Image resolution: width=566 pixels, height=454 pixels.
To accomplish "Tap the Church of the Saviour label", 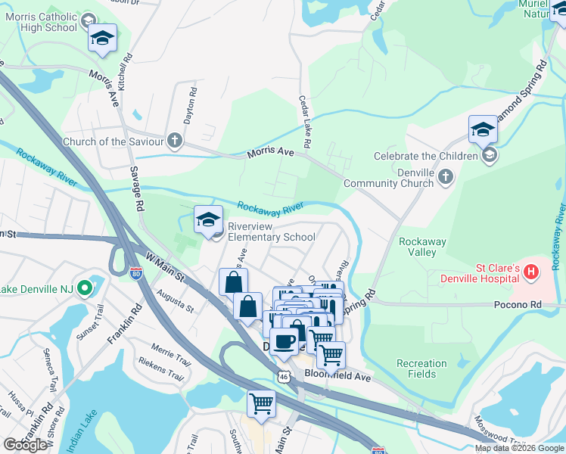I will point(113,141).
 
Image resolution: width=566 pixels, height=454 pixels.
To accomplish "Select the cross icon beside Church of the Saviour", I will point(175,141).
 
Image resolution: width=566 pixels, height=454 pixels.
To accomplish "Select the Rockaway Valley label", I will point(422,247).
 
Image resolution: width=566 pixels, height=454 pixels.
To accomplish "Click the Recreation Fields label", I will point(421,368).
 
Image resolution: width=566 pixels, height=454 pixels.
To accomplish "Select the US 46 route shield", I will point(283,375).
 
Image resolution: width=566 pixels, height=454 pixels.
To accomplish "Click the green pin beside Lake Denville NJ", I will point(86,288).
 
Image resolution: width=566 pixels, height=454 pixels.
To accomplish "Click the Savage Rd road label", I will point(137,189).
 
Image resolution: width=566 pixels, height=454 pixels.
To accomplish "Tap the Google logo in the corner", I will point(25,445).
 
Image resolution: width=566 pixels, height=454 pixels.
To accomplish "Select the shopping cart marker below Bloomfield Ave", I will point(261,403).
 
